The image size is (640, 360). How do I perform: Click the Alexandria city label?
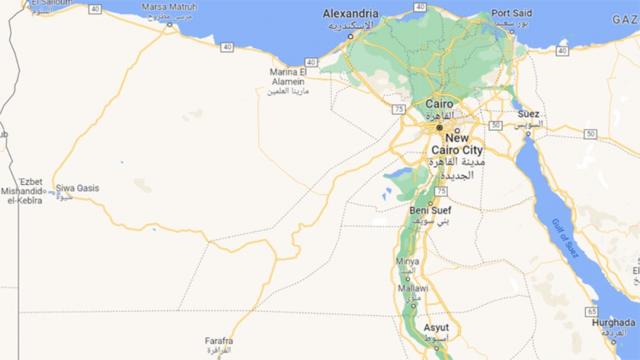[351, 14]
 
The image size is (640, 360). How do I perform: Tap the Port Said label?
[512, 14]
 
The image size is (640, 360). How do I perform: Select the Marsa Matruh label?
[169, 6]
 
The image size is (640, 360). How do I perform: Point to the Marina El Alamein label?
[288, 77]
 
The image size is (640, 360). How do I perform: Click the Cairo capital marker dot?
[439, 127]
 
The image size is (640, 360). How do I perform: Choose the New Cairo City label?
[457, 144]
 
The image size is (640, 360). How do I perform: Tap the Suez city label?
[528, 114]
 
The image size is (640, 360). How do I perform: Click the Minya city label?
[407, 262]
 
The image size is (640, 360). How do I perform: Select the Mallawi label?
[413, 288]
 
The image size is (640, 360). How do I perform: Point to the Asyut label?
[436, 327]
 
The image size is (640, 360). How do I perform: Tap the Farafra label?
[218, 341]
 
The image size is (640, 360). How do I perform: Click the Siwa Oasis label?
[78, 189]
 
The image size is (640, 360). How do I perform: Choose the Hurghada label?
[613, 322]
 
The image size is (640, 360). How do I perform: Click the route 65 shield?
[592, 312]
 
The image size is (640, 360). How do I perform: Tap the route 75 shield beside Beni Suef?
[442, 192]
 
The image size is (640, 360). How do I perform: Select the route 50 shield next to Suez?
[496, 125]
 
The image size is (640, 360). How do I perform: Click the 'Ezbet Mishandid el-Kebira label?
[21, 191]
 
